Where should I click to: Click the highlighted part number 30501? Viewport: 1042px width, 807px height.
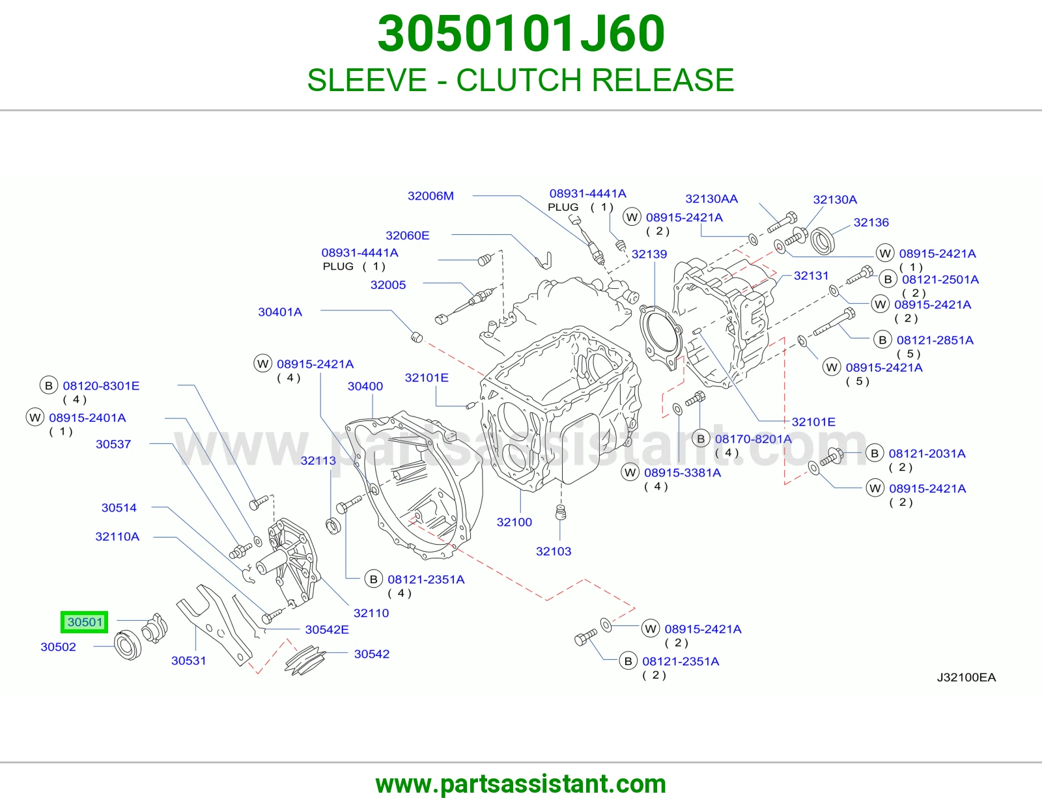[x=85, y=622]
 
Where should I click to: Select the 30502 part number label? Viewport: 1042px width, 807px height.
[x=58, y=647]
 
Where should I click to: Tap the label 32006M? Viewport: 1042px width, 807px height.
[x=430, y=196]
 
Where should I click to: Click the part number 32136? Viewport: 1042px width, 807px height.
[x=871, y=223]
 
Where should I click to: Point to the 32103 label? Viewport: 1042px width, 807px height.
[x=554, y=552]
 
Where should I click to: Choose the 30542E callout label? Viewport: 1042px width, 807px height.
[x=327, y=630]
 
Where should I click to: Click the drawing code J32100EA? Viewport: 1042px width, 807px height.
[x=966, y=677]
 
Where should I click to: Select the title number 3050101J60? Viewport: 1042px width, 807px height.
[x=521, y=34]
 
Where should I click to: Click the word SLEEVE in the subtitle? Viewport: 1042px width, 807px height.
[x=367, y=80]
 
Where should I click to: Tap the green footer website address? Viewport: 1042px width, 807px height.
[x=521, y=784]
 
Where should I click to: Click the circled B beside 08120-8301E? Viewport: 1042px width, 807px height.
[x=48, y=386]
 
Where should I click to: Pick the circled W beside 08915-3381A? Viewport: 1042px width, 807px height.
[x=630, y=472]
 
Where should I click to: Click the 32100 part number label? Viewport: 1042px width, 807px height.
[x=514, y=523]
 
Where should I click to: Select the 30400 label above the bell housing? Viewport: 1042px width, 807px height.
[x=365, y=386]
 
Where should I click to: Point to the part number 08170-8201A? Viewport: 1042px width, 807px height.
[x=753, y=439]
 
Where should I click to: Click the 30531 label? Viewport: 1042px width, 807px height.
[x=188, y=661]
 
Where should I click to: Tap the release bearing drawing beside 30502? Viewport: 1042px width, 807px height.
[x=128, y=644]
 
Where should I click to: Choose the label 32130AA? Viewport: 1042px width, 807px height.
[x=712, y=199]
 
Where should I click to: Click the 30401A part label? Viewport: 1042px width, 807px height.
[x=280, y=312]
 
